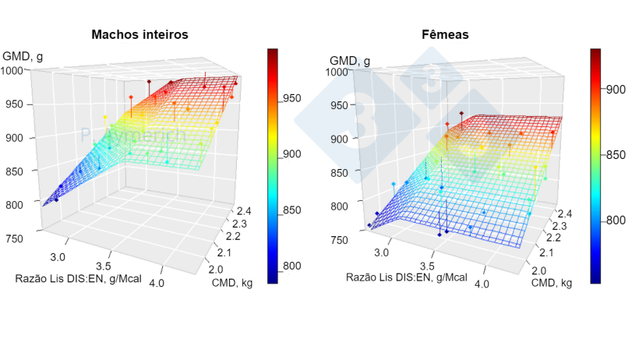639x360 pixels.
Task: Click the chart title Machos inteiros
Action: [x=139, y=34]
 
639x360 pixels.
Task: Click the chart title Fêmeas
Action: [x=442, y=34]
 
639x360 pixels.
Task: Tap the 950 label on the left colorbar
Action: [x=292, y=98]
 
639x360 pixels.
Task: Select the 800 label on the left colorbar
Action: [x=292, y=266]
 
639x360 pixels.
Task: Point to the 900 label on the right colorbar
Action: [x=616, y=90]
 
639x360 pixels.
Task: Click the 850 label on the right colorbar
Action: [x=616, y=155]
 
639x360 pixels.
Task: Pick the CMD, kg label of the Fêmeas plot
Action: [x=549, y=282]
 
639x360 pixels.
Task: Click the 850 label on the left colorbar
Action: [x=292, y=210]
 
